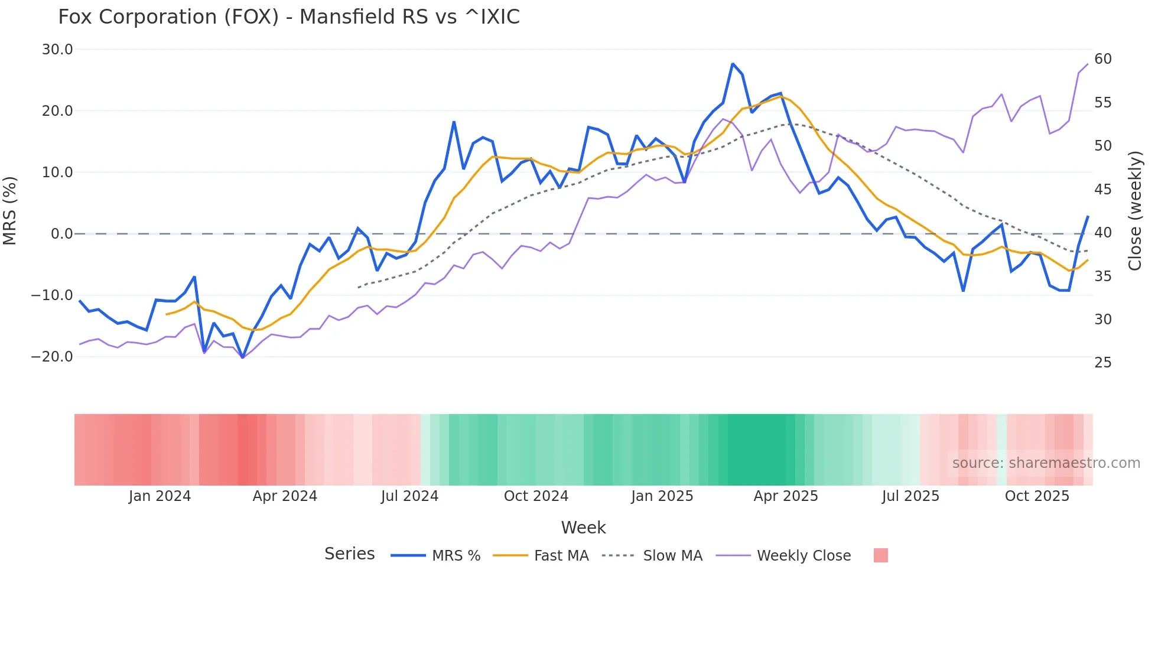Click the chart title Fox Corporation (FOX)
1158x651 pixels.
(x=288, y=17)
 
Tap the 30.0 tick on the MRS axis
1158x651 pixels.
(x=57, y=50)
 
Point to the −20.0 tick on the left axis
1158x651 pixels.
(x=52, y=357)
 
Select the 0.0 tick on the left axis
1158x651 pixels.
(x=61, y=234)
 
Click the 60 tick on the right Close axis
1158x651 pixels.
(x=1103, y=59)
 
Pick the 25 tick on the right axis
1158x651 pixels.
(x=1103, y=363)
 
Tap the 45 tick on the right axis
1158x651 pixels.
(x=1103, y=190)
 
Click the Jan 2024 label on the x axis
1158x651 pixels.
(x=160, y=496)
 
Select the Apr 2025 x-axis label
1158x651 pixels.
(x=786, y=496)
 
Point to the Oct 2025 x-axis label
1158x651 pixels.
(x=1037, y=496)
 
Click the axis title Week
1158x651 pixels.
(x=583, y=528)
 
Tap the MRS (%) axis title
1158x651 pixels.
(x=10, y=211)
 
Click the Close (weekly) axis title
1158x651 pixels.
(x=1135, y=211)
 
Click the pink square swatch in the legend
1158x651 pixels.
(x=880, y=555)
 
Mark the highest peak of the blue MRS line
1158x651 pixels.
(x=733, y=64)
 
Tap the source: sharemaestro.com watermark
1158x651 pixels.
(x=1046, y=463)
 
